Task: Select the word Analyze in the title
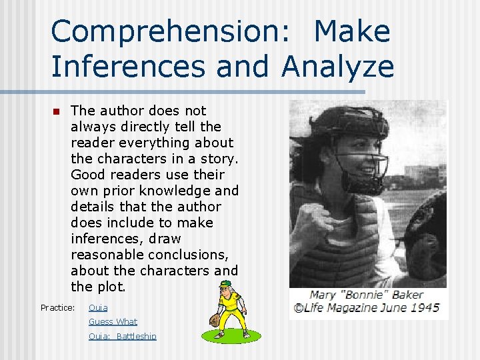(x=338, y=67)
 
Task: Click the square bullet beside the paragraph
(x=56, y=111)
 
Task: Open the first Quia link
(x=98, y=307)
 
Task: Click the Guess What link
(x=113, y=321)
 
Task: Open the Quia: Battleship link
(x=123, y=336)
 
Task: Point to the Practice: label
(x=57, y=307)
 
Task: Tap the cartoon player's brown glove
(x=215, y=321)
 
